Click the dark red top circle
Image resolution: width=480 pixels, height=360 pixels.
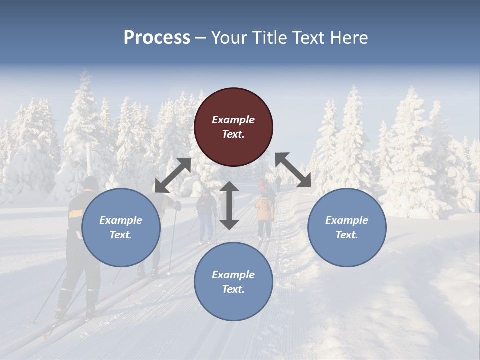pos(233,127)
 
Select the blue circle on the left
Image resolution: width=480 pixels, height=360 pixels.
pos(121,228)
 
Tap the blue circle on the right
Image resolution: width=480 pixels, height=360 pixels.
pos(347,228)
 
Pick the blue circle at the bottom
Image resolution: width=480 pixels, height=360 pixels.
pos(233,282)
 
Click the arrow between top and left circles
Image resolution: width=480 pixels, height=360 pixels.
pos(173,175)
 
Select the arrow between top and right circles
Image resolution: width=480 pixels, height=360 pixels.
pos(293,170)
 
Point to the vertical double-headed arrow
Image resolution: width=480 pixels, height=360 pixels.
pos(229,205)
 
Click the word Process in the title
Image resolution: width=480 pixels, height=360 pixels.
pos(157,37)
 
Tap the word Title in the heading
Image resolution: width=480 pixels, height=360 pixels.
pos(269,37)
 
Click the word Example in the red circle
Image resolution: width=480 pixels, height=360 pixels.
pos(233,120)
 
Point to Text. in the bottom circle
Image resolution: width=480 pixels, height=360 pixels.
pos(233,289)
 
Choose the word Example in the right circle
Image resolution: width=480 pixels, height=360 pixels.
pos(347,220)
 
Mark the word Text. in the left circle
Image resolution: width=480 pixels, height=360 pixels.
pos(121,235)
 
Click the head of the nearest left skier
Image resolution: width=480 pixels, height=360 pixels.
pos(91,183)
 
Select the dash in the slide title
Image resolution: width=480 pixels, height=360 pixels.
pos(200,37)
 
